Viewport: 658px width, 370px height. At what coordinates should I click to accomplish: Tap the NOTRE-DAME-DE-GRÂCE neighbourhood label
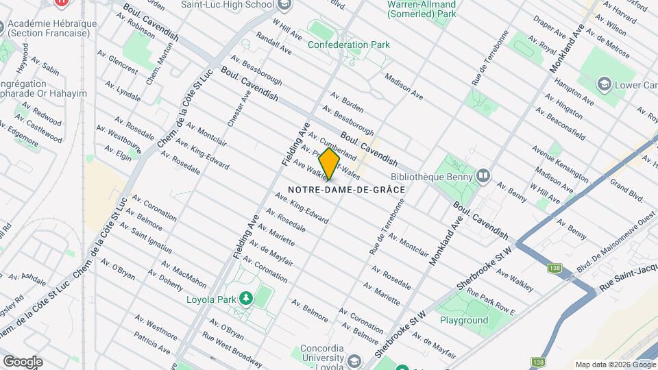tap(347, 189)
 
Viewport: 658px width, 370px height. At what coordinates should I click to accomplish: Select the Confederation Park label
tap(349, 45)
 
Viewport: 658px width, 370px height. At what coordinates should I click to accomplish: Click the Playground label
tap(464, 320)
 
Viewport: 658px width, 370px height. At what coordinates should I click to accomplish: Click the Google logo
tap(23, 362)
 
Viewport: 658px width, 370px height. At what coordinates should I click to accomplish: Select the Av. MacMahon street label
tap(184, 273)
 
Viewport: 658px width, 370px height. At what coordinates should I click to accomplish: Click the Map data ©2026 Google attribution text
tap(615, 365)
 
